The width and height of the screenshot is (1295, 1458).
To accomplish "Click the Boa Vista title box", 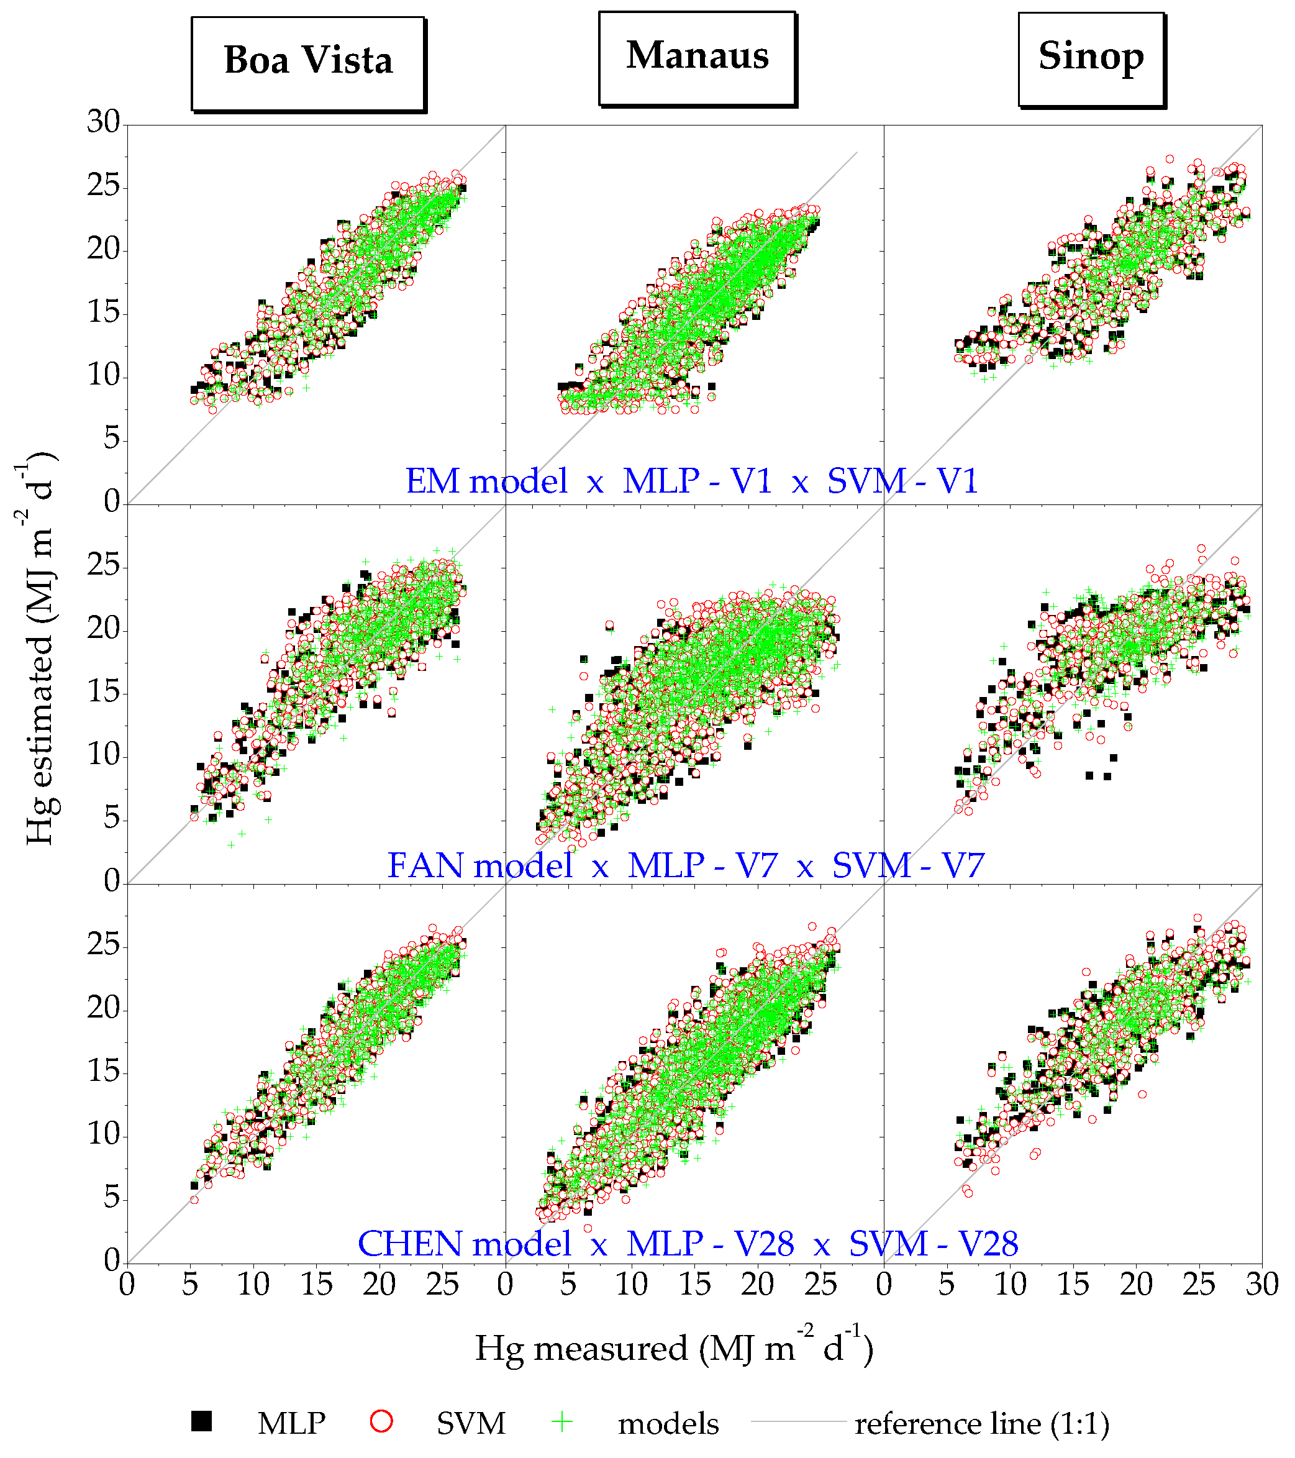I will pyautogui.click(x=308, y=63).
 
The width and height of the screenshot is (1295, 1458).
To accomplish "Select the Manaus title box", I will pyautogui.click(x=697, y=58).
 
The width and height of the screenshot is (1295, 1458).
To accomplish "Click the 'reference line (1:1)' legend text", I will pyautogui.click(x=982, y=1424).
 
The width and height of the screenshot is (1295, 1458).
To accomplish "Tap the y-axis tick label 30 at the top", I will pyautogui.click(x=103, y=122).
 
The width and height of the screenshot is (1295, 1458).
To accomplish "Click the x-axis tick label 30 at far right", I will pyautogui.click(x=1261, y=1284).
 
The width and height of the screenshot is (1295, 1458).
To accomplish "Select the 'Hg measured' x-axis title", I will pyautogui.click(x=674, y=1349).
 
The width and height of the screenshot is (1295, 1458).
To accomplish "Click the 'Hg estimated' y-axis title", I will pyautogui.click(x=39, y=649).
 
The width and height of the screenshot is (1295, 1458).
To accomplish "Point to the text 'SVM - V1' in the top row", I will pyautogui.click(x=902, y=481).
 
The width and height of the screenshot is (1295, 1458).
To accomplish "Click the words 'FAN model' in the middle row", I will pyautogui.click(x=480, y=865).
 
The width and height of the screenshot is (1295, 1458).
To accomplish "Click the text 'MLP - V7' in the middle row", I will pyautogui.click(x=702, y=865).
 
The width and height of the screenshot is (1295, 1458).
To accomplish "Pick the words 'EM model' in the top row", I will pyautogui.click(x=487, y=481).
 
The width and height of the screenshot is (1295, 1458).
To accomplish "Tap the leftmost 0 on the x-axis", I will pyautogui.click(x=127, y=1284).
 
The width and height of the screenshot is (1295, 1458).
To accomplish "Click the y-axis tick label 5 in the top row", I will pyautogui.click(x=111, y=439).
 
